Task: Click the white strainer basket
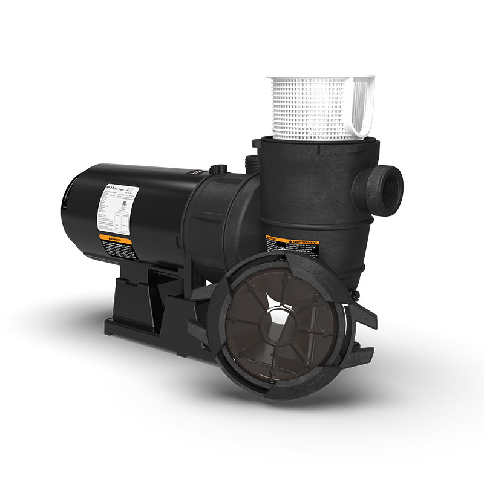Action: point(315,109)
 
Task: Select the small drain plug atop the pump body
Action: point(218,168)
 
